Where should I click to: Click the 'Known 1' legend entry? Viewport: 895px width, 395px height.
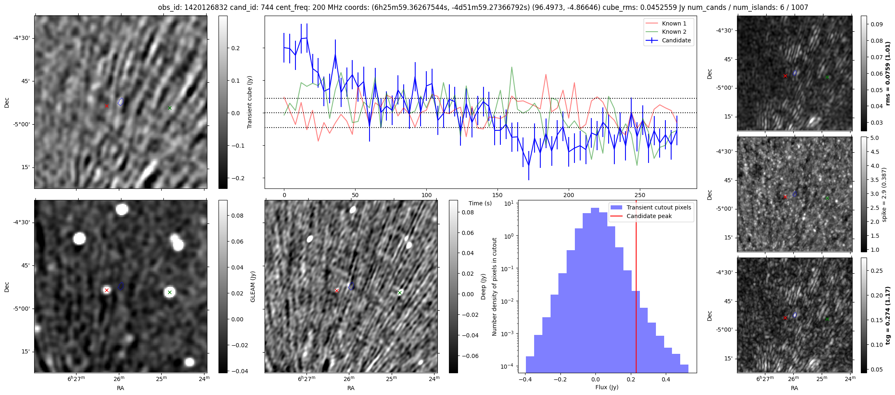(x=674, y=23)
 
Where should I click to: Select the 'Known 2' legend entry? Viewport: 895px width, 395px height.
(x=674, y=32)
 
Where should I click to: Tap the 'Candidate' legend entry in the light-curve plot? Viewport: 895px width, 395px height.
(x=676, y=40)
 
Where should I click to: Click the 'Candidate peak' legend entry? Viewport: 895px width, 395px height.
(x=649, y=216)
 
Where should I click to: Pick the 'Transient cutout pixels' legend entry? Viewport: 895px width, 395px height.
(x=658, y=207)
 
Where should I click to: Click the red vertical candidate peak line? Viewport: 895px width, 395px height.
(x=636, y=288)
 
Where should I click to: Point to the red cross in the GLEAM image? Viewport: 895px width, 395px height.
(x=107, y=290)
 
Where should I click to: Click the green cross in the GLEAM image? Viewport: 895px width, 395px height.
(x=170, y=293)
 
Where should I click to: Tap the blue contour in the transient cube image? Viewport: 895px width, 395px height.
(x=121, y=102)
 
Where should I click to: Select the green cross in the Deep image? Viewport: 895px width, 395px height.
(x=400, y=293)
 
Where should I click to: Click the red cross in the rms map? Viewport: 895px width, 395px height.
(x=785, y=76)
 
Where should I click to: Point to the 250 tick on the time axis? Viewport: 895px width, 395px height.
(x=640, y=195)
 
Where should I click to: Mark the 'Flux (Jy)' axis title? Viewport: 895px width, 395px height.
(x=607, y=387)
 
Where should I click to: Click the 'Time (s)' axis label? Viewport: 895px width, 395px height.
(x=480, y=203)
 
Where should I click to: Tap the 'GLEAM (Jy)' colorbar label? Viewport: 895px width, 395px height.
(x=253, y=286)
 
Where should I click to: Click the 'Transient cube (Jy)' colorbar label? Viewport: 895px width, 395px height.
(x=249, y=102)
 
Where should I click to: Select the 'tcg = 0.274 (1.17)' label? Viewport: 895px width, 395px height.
(x=888, y=315)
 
